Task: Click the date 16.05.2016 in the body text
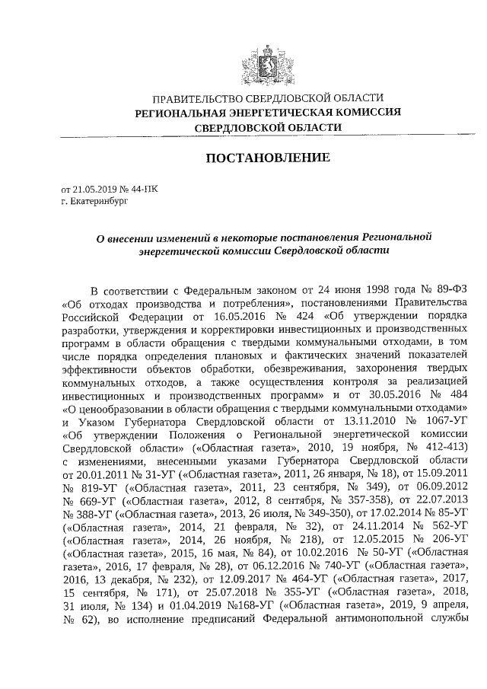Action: coord(243,315)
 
